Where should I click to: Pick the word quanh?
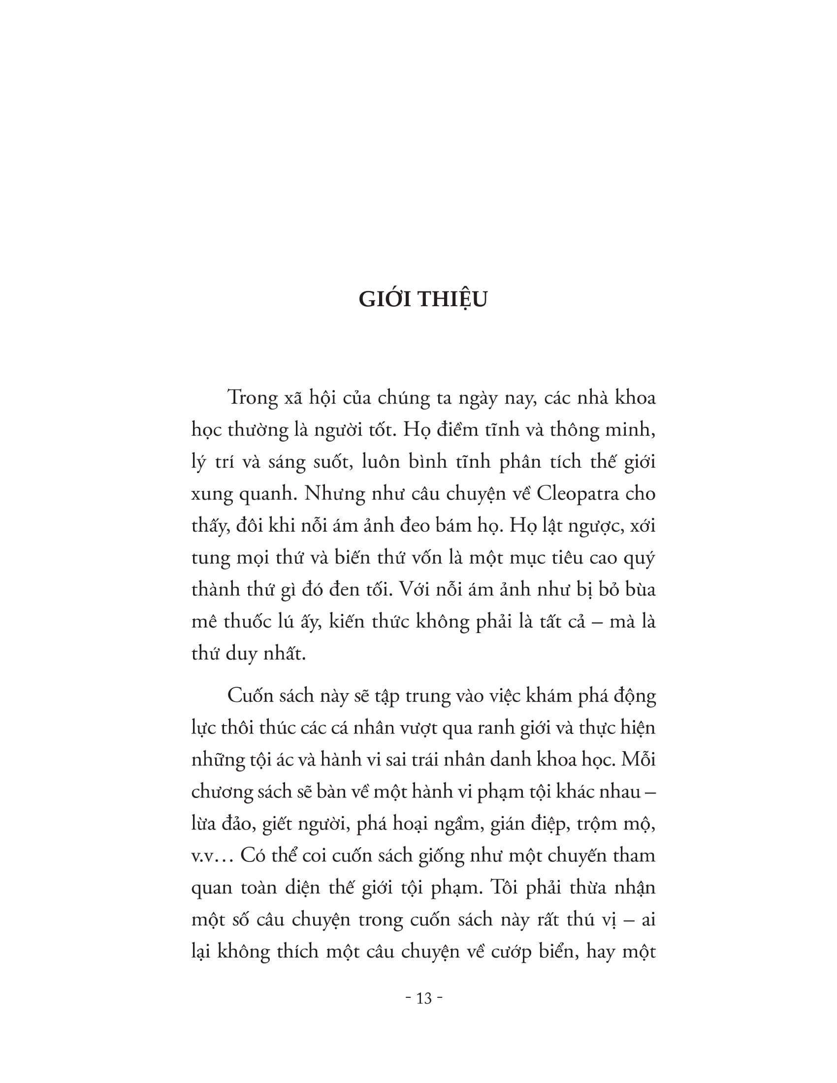click(x=267, y=495)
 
